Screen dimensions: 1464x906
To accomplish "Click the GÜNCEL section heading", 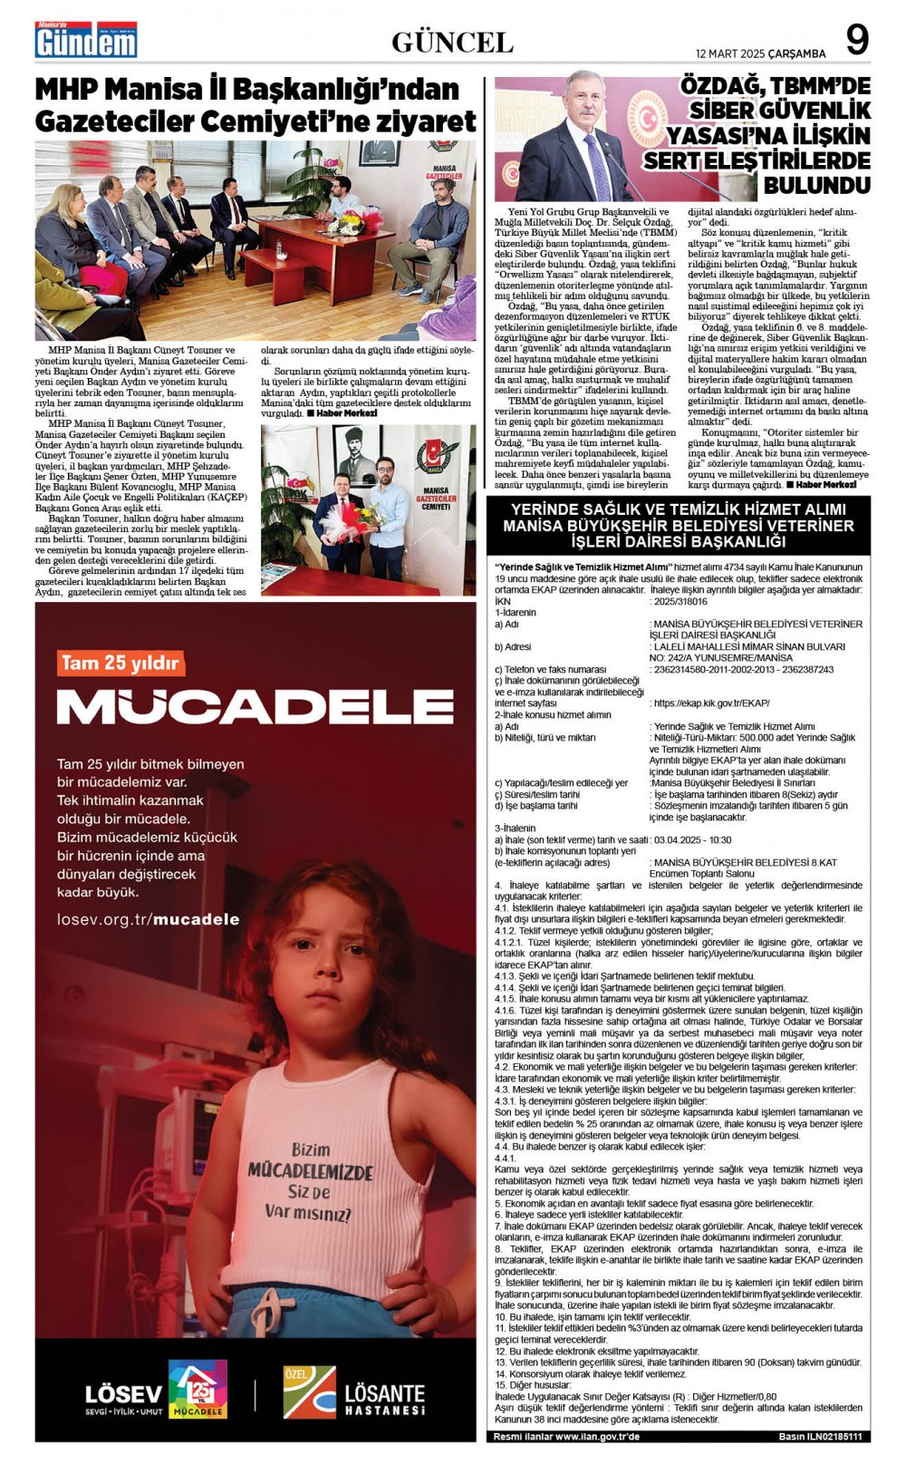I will tap(452, 43).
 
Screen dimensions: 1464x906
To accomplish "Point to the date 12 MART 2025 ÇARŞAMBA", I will tap(760, 53).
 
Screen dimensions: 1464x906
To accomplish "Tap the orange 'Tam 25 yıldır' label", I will tap(120, 663).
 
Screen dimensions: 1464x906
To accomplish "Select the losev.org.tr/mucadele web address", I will tap(148, 918).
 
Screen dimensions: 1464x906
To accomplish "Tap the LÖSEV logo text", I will tap(123, 1393).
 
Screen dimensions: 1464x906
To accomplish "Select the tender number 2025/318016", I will tap(679, 601).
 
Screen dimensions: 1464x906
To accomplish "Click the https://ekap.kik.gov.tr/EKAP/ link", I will tap(710, 703).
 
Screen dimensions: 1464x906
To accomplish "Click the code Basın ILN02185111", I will tap(819, 1437).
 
